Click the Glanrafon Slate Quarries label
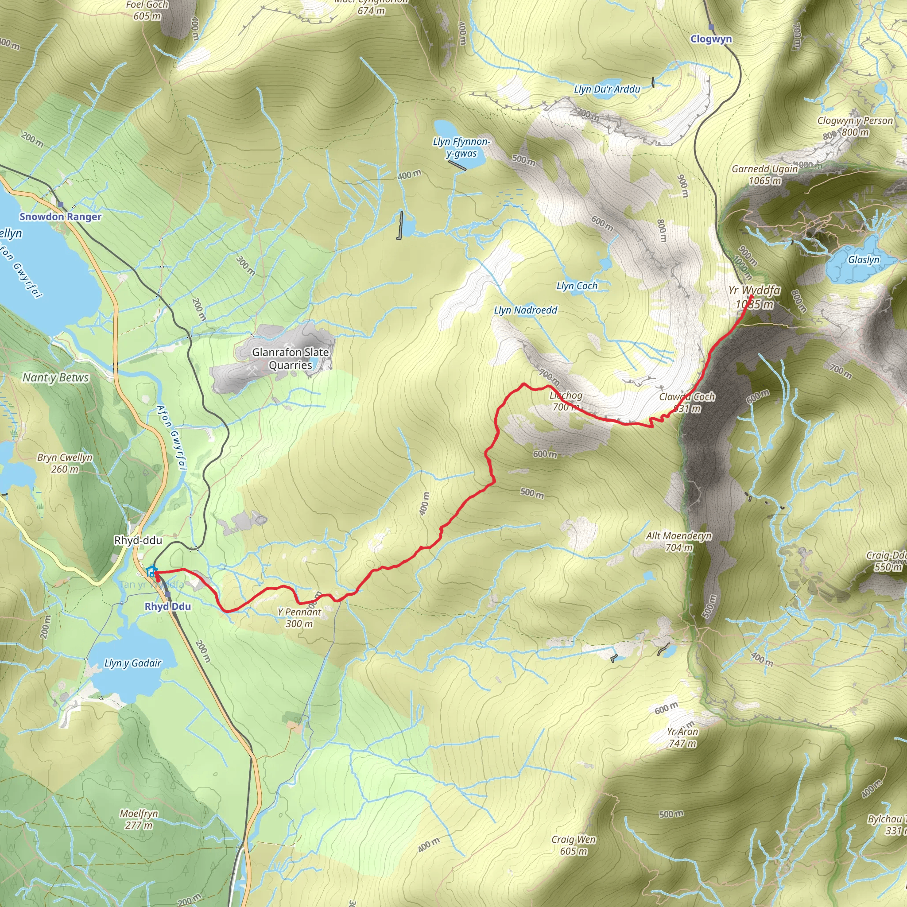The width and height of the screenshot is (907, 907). pos(290,359)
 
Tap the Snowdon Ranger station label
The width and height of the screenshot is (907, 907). pos(60,217)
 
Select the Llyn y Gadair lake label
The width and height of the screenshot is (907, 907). pos(133,663)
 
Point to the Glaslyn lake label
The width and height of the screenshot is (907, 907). pos(864,260)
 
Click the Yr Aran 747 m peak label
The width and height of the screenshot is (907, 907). pos(682,737)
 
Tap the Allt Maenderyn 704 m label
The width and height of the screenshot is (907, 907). pos(679,541)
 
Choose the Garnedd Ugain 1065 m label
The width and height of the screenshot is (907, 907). pos(765,174)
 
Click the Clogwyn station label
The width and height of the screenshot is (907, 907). pos(711,39)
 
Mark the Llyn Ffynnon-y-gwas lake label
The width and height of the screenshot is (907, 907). pos(461,147)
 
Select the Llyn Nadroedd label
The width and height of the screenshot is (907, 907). pos(525,310)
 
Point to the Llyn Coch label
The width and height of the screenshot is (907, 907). pos(577,286)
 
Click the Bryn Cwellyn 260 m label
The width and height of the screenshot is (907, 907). pos(65,463)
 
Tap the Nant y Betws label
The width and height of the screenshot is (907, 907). pos(55,377)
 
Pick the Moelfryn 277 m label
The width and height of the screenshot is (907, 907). pos(139,819)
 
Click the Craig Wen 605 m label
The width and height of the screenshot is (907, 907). pos(574,845)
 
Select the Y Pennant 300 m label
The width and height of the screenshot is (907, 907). pos(299,618)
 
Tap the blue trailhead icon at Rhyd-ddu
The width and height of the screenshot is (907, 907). pos(151,571)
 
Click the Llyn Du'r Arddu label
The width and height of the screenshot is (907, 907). pos(607,89)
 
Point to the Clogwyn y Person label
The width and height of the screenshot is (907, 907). pos(855,120)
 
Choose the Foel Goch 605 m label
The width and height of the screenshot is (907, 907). pos(147,10)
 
